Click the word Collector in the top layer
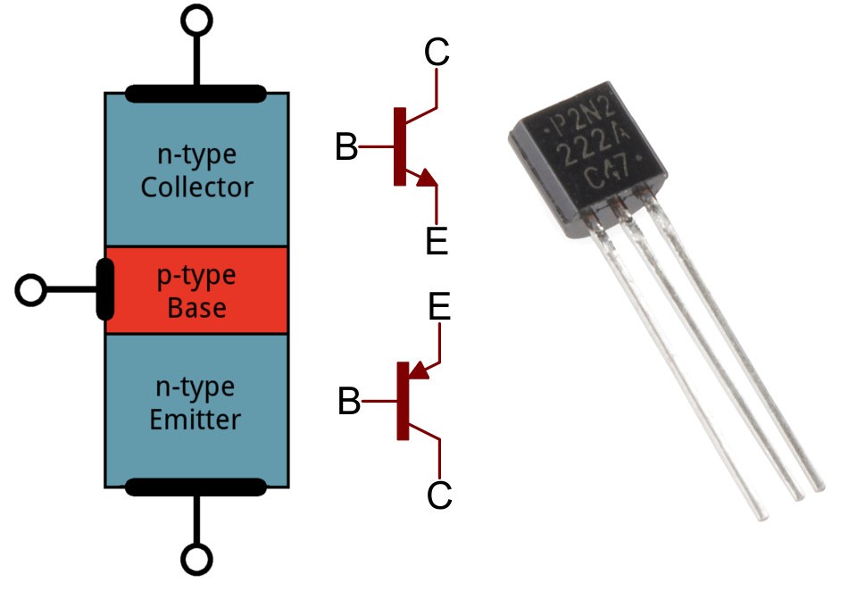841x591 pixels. click(x=196, y=188)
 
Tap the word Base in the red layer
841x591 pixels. click(x=196, y=309)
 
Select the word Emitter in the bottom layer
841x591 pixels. click(x=196, y=418)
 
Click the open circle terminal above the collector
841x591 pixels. click(x=196, y=18)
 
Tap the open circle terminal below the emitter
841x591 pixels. click(x=196, y=560)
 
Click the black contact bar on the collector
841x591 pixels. click(x=196, y=92)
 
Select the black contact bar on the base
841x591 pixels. click(x=105, y=290)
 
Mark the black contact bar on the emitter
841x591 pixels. click(x=196, y=487)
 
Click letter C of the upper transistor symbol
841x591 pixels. click(x=437, y=53)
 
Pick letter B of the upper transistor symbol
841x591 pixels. click(x=346, y=147)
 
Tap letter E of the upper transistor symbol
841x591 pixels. click(x=437, y=241)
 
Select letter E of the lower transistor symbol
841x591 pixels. click(x=439, y=308)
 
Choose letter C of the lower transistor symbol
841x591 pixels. click(x=439, y=495)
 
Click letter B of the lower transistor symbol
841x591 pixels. click(x=349, y=403)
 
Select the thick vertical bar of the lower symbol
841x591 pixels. click(x=403, y=401)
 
